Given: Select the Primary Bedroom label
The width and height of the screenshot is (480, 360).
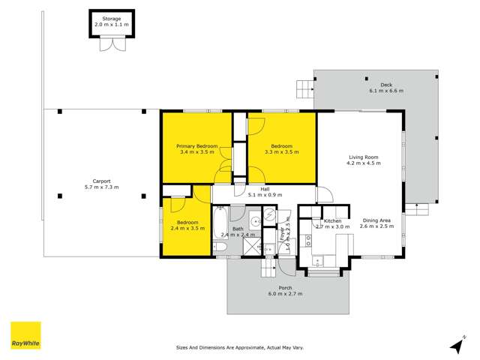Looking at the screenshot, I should pyautogui.click(x=197, y=145).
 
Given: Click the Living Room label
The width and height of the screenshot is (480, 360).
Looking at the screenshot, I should pyautogui.click(x=361, y=157).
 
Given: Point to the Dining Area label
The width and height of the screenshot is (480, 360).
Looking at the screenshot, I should pyautogui.click(x=377, y=220).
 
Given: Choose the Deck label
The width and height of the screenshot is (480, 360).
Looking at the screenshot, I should pyautogui.click(x=386, y=85).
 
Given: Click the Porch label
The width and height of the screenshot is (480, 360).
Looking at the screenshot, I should pyautogui.click(x=285, y=288).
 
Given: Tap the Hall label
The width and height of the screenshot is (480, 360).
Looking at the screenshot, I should pyautogui.click(x=265, y=189).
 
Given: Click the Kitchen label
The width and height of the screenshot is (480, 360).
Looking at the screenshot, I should pyautogui.click(x=333, y=221).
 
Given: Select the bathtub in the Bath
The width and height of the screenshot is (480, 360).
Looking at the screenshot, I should pyautogui.click(x=220, y=222).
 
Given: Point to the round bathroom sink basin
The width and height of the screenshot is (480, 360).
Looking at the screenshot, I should pyautogui.click(x=254, y=221).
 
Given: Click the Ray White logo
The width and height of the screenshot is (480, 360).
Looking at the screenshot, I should pyautogui.click(x=25, y=334).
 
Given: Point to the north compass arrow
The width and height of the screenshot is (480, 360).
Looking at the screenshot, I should pyautogui.click(x=456, y=344).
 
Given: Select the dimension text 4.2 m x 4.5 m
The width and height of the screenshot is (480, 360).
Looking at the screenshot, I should pyautogui.click(x=361, y=163).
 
